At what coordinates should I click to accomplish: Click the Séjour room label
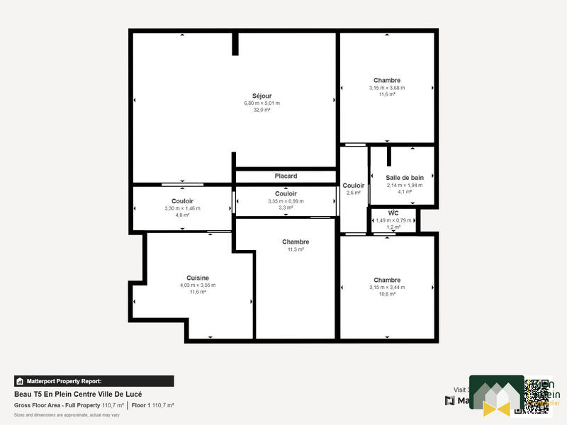tap(262, 96)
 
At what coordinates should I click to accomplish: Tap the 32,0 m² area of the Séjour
tap(262, 110)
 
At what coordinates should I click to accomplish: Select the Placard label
tap(286, 176)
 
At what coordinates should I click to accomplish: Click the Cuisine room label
tap(198, 278)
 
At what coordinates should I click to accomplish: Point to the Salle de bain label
tap(405, 178)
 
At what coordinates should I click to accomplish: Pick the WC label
tap(393, 212)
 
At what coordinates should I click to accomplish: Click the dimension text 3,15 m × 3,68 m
tap(387, 88)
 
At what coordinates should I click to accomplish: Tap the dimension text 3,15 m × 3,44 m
tap(387, 287)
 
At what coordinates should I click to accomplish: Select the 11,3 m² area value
tap(296, 249)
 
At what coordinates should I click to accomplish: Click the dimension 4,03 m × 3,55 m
tap(198, 285)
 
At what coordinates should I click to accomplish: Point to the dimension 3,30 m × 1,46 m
tap(182, 208)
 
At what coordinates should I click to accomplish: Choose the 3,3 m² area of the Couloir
tap(286, 208)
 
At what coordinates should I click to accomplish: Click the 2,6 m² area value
tap(353, 193)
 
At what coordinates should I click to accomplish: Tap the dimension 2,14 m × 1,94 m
tap(405, 185)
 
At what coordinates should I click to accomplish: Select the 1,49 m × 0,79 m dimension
tap(393, 220)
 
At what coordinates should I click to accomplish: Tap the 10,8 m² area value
tap(387, 293)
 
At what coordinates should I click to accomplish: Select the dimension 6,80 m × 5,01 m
tap(262, 103)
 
